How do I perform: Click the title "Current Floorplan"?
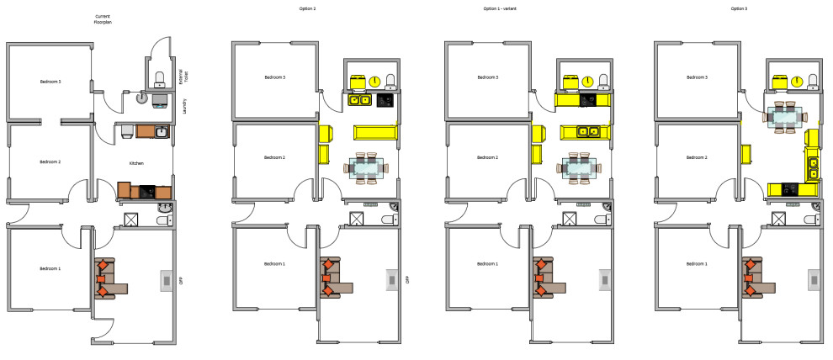103,19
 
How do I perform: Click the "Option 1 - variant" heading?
501,8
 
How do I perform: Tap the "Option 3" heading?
738,8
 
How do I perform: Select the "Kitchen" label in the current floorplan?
136,163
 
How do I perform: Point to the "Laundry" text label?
184,105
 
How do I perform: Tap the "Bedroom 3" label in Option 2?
275,77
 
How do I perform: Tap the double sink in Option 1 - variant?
586,131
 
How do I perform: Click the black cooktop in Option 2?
385,100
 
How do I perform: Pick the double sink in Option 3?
813,169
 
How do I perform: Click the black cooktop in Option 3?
790,188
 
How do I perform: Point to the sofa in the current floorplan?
108,277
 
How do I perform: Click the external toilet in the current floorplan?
159,80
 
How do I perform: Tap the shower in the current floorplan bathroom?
131,220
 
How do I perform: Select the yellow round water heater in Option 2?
375,81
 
